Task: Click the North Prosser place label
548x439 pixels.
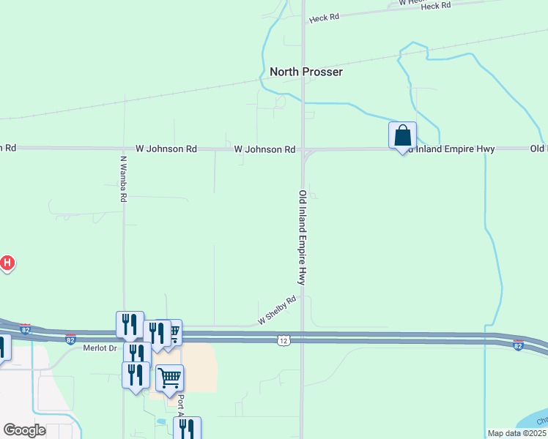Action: tap(306, 72)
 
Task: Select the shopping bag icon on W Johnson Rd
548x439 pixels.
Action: tap(402, 135)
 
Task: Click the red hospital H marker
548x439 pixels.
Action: tap(7, 262)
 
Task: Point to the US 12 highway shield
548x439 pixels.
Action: tap(284, 340)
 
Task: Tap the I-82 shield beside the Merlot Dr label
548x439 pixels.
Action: tap(70, 339)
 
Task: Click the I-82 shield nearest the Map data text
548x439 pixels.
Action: tap(518, 345)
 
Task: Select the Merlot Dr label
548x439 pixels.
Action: tap(100, 348)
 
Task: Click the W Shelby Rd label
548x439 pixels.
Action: tap(276, 310)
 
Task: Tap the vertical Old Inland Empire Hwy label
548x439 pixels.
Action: tap(301, 237)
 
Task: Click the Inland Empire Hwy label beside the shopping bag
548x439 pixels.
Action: tap(454, 149)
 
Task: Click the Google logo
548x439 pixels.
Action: tap(25, 430)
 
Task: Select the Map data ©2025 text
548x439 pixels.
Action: tap(516, 433)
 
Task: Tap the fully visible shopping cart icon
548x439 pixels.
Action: tap(169, 378)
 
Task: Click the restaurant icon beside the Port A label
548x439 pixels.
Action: tap(187, 429)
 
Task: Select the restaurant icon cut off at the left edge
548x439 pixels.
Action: tap(2, 347)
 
